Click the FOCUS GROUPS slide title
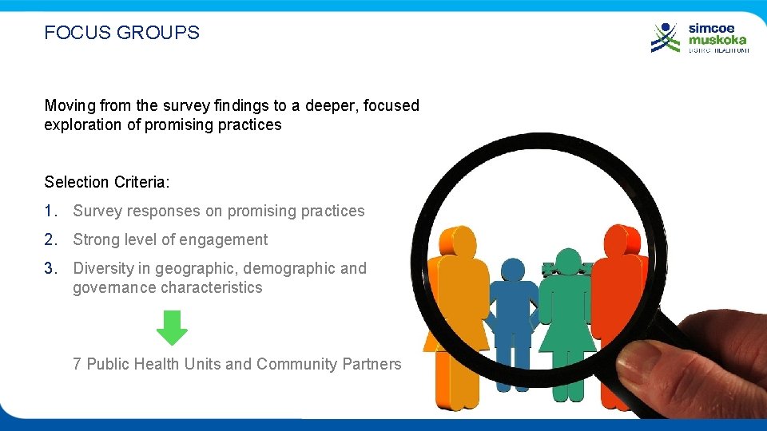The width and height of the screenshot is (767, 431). click(121, 33)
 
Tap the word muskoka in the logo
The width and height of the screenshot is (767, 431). click(718, 39)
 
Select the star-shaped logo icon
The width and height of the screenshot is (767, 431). click(666, 38)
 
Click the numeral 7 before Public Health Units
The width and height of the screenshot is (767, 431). click(77, 364)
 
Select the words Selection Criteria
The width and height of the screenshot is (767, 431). click(106, 182)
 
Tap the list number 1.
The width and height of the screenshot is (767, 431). click(50, 211)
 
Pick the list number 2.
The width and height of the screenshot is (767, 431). click(50, 239)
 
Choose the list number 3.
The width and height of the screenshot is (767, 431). click(50, 268)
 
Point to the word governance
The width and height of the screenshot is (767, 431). click(112, 287)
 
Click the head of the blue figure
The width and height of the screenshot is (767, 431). click(511, 270)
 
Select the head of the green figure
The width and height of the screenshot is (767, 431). click(568, 260)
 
